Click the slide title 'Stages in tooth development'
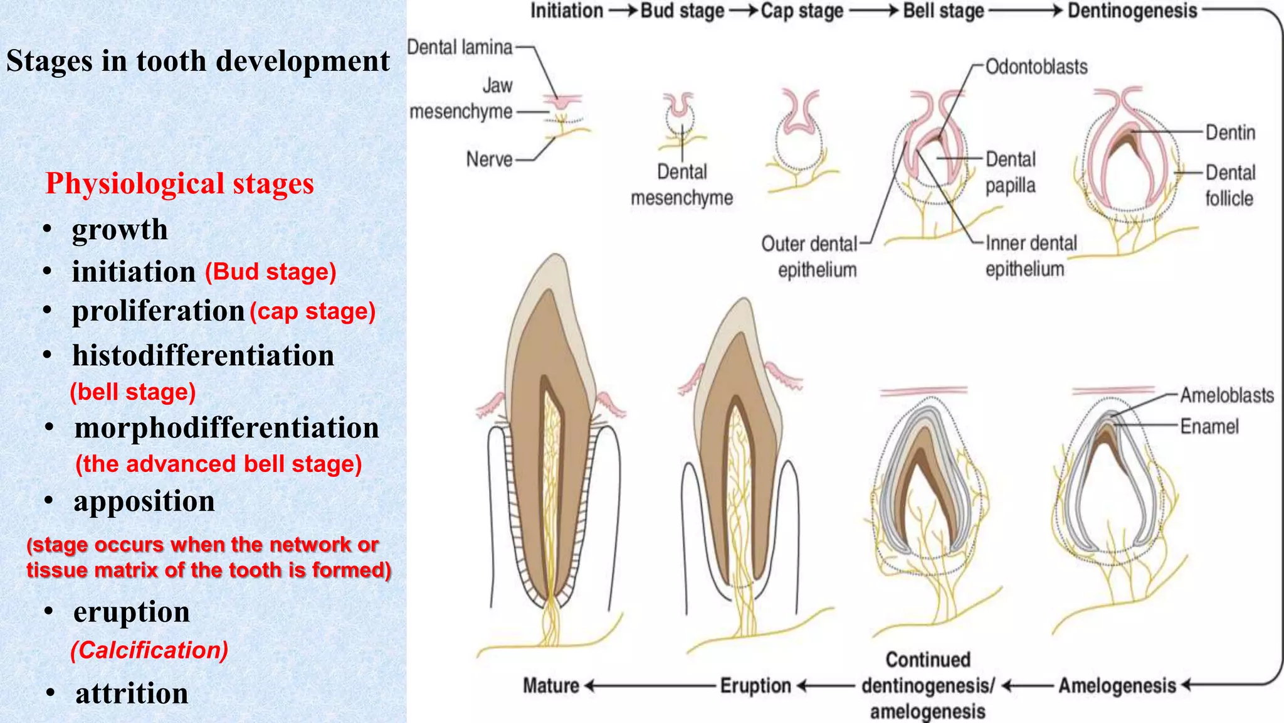198,62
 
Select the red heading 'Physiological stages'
180,184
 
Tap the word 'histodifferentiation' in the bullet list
203,356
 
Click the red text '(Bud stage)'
271,272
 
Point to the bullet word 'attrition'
132,694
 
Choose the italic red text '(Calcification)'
149,650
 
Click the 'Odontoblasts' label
1036,67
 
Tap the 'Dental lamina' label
460,47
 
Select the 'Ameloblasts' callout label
1227,395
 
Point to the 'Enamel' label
1209,427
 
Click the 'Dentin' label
1231,132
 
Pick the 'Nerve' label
489,159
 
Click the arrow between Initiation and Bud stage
623,11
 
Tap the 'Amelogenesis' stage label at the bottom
1117,686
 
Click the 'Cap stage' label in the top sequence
802,11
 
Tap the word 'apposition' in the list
144,501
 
